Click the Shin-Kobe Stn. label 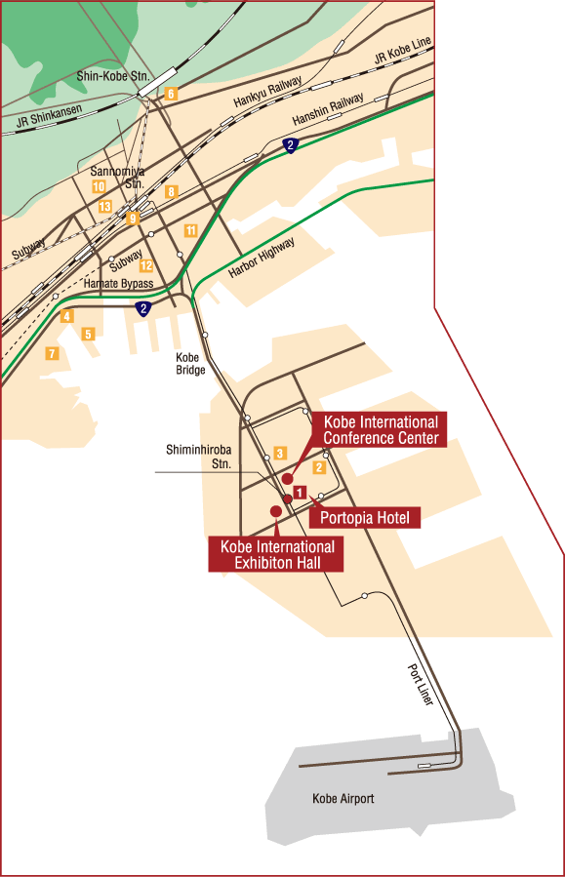(112, 75)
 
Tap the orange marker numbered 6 (171, 94)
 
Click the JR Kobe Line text (401, 58)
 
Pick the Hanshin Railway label (329, 109)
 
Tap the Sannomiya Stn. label (118, 177)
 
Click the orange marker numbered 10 (98, 186)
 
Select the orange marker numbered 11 (190, 230)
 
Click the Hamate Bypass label (119, 284)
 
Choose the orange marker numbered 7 (51, 353)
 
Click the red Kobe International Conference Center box (380, 429)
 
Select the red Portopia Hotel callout (364, 518)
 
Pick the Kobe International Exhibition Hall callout (277, 554)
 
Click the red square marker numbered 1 (301, 493)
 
